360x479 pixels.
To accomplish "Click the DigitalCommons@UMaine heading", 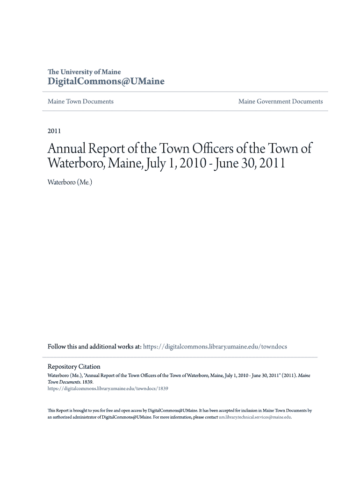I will [x=106, y=82].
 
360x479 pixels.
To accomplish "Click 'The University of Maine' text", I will [x=84, y=72].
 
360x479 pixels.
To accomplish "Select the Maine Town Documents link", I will [x=80, y=102].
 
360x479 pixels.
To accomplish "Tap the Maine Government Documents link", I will [x=281, y=102].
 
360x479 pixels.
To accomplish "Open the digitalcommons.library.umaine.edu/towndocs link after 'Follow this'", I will [x=215, y=347].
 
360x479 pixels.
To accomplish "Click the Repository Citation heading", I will [x=74, y=367].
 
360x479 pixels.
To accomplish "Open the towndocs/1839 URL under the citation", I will [x=108, y=388].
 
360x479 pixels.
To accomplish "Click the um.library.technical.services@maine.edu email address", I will [x=255, y=417].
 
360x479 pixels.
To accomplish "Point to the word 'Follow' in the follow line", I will [x=57, y=347].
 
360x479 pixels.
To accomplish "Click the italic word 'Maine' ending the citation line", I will [x=304, y=375].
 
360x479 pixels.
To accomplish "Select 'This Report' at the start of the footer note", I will [x=58, y=410].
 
